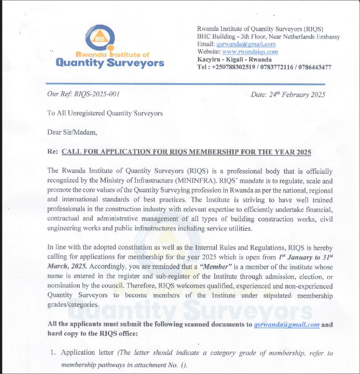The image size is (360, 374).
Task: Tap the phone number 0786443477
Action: pos(315,67)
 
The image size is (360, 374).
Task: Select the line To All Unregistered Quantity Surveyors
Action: pos(105,113)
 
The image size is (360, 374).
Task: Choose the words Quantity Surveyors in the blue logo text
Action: pos(110,63)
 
